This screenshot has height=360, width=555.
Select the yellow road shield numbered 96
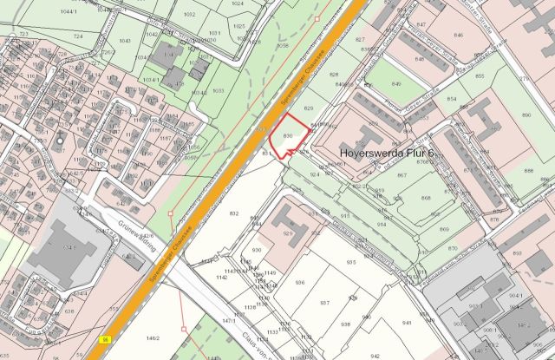(106, 338)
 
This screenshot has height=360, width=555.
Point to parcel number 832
(232, 213)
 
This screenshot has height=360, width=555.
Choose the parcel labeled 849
(396, 84)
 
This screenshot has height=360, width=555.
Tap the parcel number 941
(408, 321)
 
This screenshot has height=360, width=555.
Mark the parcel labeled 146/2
(152, 337)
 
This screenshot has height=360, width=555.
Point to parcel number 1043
(125, 41)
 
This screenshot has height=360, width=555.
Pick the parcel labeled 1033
(218, 90)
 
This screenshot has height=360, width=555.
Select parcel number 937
(324, 303)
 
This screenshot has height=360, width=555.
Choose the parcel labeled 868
(425, 198)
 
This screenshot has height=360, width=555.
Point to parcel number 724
(78, 36)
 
